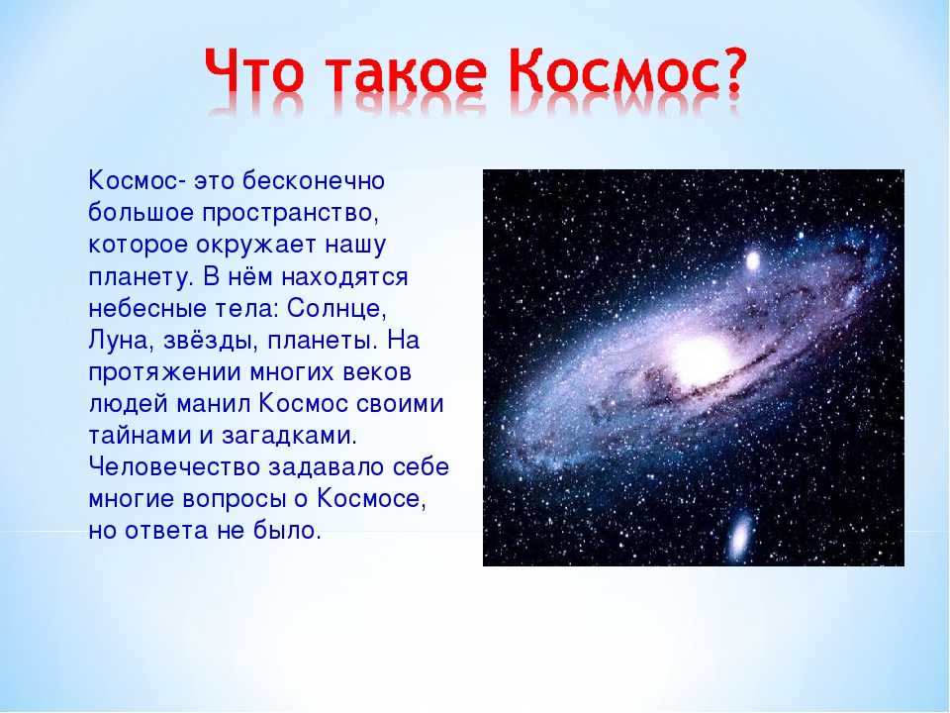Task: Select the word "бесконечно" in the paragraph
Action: (314, 180)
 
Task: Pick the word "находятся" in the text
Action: (344, 277)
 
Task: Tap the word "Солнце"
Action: (336, 309)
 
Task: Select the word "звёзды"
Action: (207, 341)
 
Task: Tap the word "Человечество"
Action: (174, 467)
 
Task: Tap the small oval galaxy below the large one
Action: (740, 536)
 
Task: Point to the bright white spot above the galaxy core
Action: (752, 261)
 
